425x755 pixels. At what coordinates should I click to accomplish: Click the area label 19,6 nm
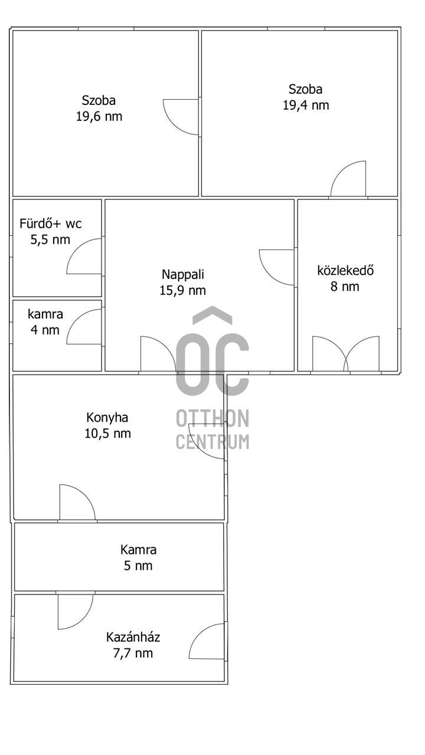point(99,117)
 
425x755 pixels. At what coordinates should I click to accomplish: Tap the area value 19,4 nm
point(306,105)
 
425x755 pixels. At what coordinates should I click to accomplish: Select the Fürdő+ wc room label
point(51,224)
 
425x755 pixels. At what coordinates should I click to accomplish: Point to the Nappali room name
point(183,274)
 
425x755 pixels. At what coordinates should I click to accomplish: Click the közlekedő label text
point(345,270)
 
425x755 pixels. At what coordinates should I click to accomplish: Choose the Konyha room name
point(107,418)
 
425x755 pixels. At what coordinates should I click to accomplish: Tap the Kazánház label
point(133,637)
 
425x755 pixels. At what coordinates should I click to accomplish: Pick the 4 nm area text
point(45,330)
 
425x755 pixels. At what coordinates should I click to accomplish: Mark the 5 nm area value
point(138,566)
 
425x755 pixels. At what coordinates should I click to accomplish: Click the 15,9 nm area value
point(183,290)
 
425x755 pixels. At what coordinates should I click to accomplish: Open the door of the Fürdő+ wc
point(84,256)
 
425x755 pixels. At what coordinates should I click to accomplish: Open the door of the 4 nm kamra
point(84,327)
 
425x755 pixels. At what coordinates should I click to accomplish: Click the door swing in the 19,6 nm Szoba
point(181,117)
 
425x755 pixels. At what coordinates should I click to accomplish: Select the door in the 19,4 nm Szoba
point(348,178)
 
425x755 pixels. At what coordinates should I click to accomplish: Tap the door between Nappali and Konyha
point(158,353)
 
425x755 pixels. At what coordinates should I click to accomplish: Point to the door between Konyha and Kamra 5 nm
point(77,502)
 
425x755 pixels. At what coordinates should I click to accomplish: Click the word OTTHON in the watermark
point(212,418)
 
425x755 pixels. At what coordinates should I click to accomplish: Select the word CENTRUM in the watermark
point(212,442)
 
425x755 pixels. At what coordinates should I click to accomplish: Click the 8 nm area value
point(345,287)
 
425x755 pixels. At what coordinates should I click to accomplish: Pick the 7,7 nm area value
point(133,653)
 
